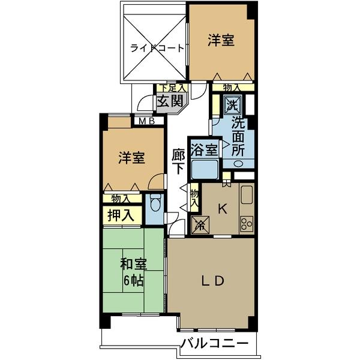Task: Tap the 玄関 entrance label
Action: (x=169, y=101)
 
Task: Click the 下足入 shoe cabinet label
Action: (x=172, y=88)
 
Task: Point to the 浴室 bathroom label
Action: (x=203, y=149)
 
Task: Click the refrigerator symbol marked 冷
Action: (x=200, y=226)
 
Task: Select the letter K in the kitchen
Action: (x=221, y=209)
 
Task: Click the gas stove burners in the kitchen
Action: (x=246, y=224)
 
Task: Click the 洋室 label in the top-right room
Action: (x=221, y=40)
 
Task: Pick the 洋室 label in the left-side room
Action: (x=131, y=158)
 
